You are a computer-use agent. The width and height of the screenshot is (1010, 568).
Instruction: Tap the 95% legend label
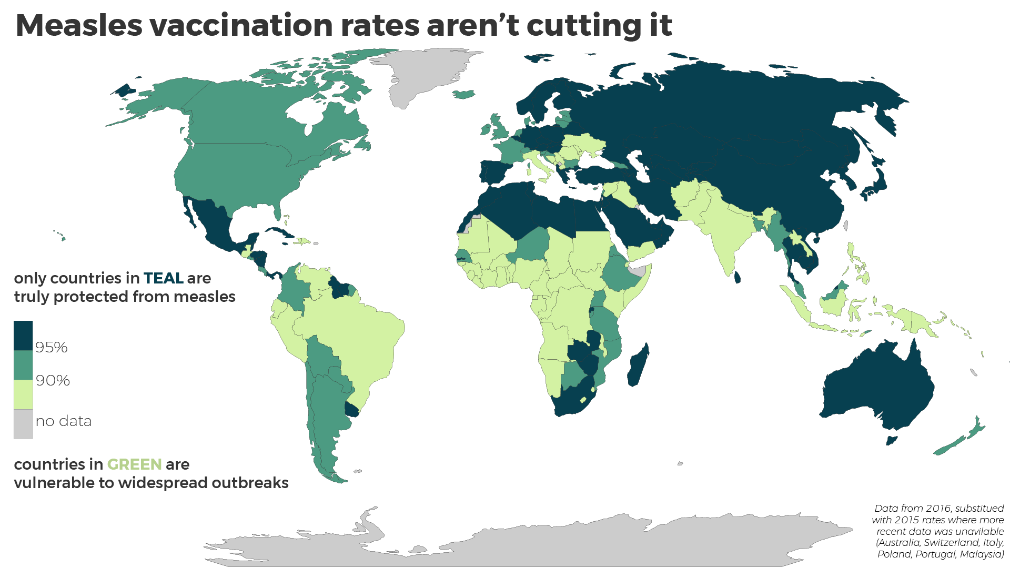(x=52, y=347)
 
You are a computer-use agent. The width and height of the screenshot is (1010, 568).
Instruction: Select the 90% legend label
(x=53, y=380)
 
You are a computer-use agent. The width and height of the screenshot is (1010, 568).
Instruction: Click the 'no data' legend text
(x=64, y=421)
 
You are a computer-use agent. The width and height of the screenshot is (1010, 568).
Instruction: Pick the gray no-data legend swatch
(x=23, y=424)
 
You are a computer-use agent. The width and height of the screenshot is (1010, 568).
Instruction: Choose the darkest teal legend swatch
(x=23, y=336)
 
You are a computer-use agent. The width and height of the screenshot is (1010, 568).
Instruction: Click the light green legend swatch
(x=23, y=394)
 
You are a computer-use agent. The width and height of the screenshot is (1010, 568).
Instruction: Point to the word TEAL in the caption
(x=163, y=278)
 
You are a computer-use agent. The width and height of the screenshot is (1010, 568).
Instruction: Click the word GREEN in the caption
(x=134, y=464)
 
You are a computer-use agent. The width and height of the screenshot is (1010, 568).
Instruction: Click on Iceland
(x=464, y=95)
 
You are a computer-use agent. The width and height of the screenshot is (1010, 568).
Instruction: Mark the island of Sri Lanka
(x=738, y=277)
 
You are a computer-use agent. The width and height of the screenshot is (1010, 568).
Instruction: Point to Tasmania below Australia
(x=891, y=440)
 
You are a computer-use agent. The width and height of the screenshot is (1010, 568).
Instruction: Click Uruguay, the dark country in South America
(x=351, y=409)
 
